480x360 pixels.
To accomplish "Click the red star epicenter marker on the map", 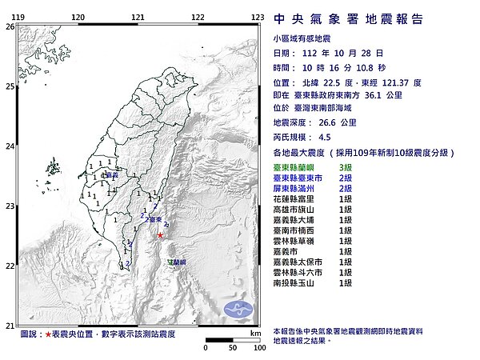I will click(x=161, y=235).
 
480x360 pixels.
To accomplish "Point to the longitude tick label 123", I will click(x=258, y=17).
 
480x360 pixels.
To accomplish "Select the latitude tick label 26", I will click(x=10, y=26).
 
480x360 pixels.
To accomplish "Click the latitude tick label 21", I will click(x=10, y=326).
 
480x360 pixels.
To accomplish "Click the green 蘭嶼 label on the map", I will click(x=178, y=262).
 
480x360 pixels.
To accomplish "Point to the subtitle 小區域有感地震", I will click(x=305, y=37).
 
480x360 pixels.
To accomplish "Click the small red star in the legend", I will click(x=48, y=334).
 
